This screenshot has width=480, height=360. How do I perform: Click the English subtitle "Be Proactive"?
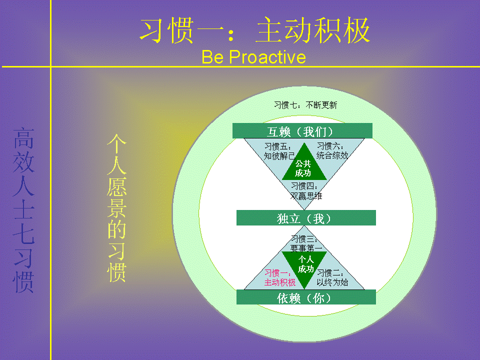pos(254,57)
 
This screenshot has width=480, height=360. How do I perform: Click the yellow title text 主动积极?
pos(313,30)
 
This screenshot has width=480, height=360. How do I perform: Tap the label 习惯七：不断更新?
pos(305,105)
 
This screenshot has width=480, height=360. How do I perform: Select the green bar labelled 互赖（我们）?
pos(302,131)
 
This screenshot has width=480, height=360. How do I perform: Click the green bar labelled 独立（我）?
pos(306,218)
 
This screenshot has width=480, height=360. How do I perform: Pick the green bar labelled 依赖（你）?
pos(306,297)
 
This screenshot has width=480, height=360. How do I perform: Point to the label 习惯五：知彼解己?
pos(279,151)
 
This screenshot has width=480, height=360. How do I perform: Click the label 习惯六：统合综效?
pos(332,151)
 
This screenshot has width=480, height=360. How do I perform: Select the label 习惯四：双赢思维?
pos(306,191)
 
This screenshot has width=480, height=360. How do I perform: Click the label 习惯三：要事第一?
pos(306,243)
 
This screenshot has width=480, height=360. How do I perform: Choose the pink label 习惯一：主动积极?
pos(280,277)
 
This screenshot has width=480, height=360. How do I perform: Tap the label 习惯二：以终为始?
pos(332,277)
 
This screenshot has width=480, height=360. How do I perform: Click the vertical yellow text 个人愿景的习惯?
pos(116,208)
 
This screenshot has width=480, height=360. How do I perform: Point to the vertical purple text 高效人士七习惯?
pos(23,210)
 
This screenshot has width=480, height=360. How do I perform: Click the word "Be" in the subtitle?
pos(212,57)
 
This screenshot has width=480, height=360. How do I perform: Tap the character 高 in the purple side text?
pos(23,138)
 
